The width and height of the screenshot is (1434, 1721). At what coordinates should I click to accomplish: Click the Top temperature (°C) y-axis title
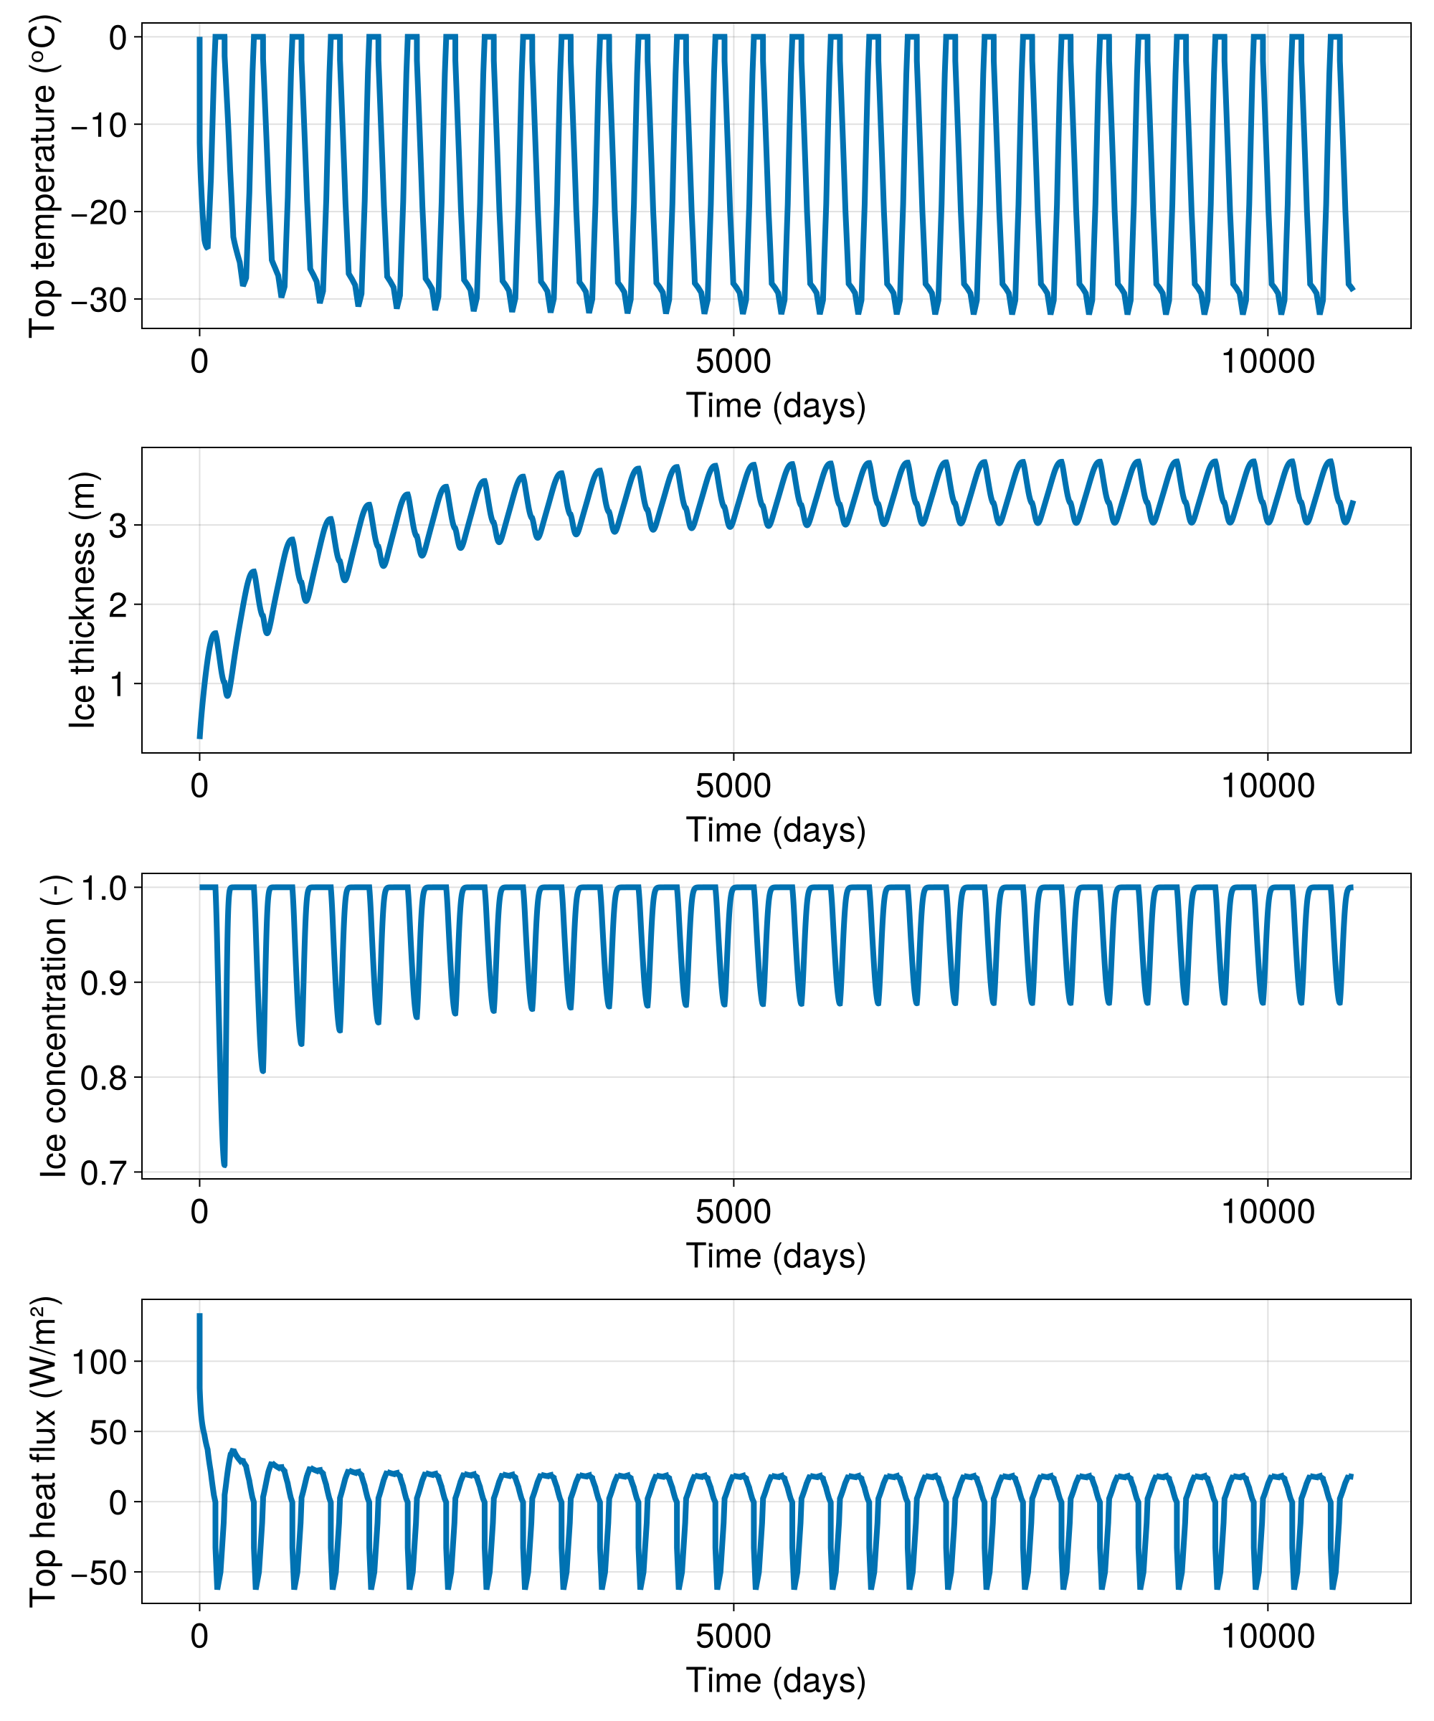pos(42,176)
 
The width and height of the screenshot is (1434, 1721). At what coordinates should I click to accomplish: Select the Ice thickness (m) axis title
pos(82,600)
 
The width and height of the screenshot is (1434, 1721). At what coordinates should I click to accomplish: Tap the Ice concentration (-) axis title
pos(54,1026)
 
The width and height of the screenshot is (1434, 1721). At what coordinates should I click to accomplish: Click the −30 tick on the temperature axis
pos(98,300)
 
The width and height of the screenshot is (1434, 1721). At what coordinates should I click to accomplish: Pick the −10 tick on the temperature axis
pos(98,125)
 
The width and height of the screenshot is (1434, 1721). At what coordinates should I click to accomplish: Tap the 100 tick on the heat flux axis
pos(100,1362)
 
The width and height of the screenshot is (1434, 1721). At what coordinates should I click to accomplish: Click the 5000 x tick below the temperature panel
pos(733,361)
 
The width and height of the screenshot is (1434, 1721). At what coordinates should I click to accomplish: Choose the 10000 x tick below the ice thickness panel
pos(1268,786)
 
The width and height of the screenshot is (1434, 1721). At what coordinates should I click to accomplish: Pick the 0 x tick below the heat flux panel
pos(200,1636)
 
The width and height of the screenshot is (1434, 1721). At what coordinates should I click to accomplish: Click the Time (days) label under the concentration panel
pos(776,1256)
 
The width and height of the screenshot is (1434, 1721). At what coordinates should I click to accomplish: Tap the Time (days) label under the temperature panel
pos(776,406)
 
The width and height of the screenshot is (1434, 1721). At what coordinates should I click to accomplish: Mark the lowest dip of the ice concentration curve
pos(224,1165)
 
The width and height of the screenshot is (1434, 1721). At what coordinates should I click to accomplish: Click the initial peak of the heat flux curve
pos(200,1316)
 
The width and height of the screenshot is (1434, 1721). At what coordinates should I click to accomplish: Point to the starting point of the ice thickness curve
pos(200,738)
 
